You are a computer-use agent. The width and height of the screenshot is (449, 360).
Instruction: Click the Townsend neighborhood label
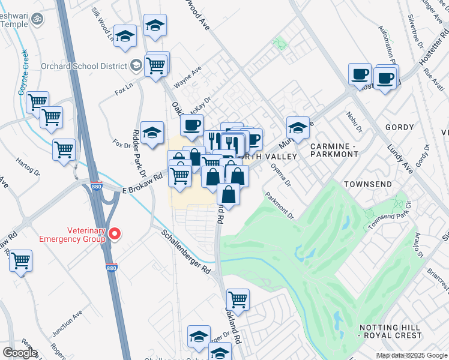[367, 184]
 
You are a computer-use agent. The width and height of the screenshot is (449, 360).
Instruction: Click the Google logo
[19, 353]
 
